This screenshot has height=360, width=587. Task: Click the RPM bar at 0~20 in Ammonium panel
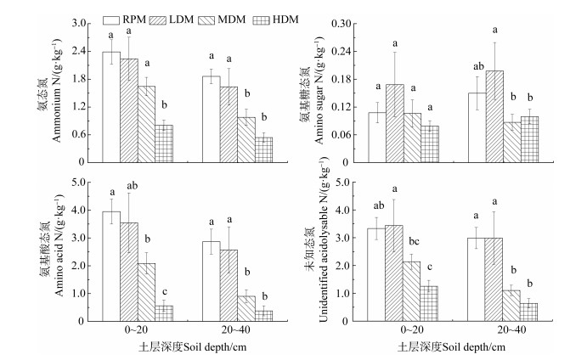pyautogui.click(x=111, y=106)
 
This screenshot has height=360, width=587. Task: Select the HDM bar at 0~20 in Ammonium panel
pyautogui.click(x=164, y=143)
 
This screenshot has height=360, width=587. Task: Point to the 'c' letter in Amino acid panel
pyautogui.click(x=164, y=288)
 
